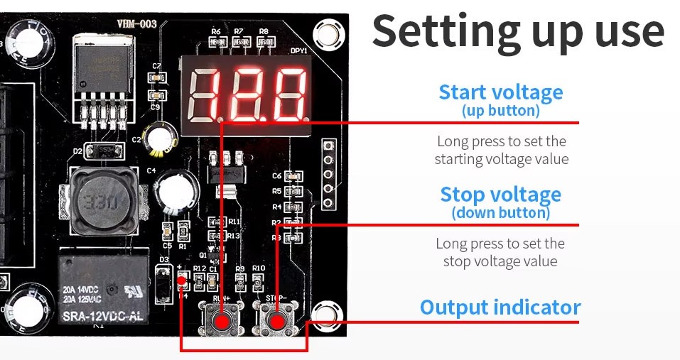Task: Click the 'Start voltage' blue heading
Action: click(x=500, y=92)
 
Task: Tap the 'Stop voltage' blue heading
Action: click(x=500, y=195)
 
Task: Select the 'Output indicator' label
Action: click(x=500, y=307)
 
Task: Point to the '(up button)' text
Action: click(x=500, y=111)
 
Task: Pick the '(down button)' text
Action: click(x=500, y=212)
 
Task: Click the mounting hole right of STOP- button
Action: click(x=324, y=312)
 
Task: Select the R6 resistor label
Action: click(x=216, y=32)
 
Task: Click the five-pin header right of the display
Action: click(x=328, y=174)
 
